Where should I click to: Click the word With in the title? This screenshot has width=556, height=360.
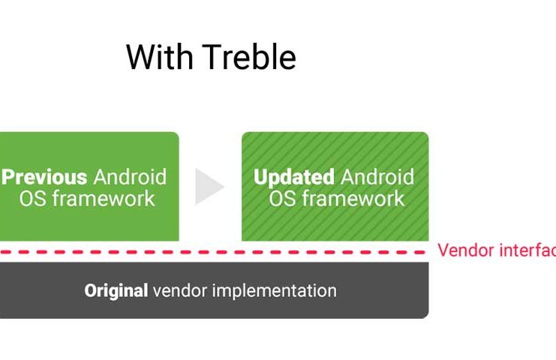pyautogui.click(x=159, y=57)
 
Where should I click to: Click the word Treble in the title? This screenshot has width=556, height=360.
pyautogui.click(x=249, y=57)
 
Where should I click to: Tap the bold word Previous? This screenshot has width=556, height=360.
pyautogui.click(x=44, y=177)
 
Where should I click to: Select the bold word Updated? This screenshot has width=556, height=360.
pyautogui.click(x=294, y=177)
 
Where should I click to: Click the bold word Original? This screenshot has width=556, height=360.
pyautogui.click(x=116, y=291)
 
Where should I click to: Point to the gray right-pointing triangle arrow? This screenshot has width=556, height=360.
pyautogui.click(x=209, y=187)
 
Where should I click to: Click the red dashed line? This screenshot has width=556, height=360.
pyautogui.click(x=212, y=252)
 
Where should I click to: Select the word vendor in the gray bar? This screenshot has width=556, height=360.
pyautogui.click(x=180, y=291)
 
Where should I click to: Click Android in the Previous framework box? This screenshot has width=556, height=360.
pyautogui.click(x=130, y=177)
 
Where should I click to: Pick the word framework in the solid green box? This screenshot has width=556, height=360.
pyautogui.click(x=104, y=198)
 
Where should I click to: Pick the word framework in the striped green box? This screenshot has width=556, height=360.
pyautogui.click(x=353, y=198)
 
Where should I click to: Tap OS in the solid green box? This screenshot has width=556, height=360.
pyautogui.click(x=32, y=199)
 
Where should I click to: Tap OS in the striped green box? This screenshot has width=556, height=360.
pyautogui.click(x=282, y=199)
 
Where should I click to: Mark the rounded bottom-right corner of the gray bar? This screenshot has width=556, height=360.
pyautogui.click(x=427, y=316)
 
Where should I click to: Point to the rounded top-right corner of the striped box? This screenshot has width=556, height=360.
pyautogui.click(x=427, y=134)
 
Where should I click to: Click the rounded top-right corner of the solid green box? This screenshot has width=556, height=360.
pyautogui.click(x=176, y=134)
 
